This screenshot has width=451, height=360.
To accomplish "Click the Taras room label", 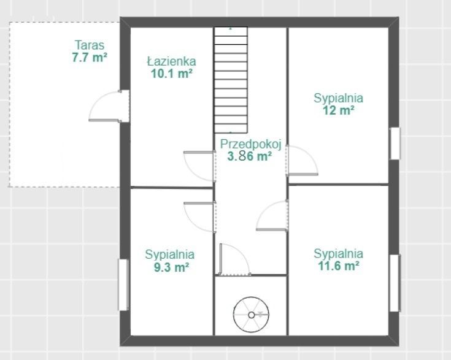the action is (90, 45).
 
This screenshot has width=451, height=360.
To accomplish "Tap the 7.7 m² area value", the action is (90, 58).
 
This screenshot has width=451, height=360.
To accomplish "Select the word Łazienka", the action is (172, 61).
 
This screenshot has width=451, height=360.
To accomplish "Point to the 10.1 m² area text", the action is (172, 74).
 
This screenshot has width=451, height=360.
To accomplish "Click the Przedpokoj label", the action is (250, 144).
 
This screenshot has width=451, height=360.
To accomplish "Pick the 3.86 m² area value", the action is (249, 156).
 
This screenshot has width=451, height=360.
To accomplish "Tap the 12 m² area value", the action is (338, 110).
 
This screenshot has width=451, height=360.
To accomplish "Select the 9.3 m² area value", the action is (171, 267).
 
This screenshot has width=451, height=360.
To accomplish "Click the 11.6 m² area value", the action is (338, 266).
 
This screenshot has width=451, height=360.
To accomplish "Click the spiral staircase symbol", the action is (251, 315).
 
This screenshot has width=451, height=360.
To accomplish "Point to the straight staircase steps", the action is (231, 80).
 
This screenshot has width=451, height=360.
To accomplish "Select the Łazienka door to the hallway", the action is (199, 166).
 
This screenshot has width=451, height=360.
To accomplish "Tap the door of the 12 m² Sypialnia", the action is (302, 161).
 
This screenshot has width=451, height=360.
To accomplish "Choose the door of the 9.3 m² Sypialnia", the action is (199, 217).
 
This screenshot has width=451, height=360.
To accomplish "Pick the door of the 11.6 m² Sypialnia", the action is (272, 215).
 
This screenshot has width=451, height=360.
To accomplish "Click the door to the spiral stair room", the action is (235, 259).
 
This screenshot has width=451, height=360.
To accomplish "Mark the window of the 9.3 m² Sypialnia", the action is (123, 285).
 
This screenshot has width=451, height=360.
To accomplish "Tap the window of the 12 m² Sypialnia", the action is (395, 143).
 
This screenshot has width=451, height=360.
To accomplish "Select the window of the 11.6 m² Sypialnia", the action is (395, 283).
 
